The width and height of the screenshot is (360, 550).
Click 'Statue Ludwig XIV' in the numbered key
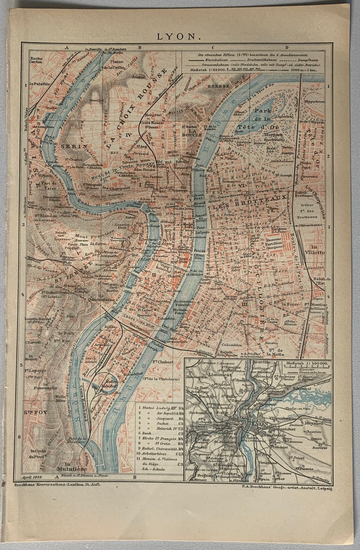[x=153, y=408]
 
